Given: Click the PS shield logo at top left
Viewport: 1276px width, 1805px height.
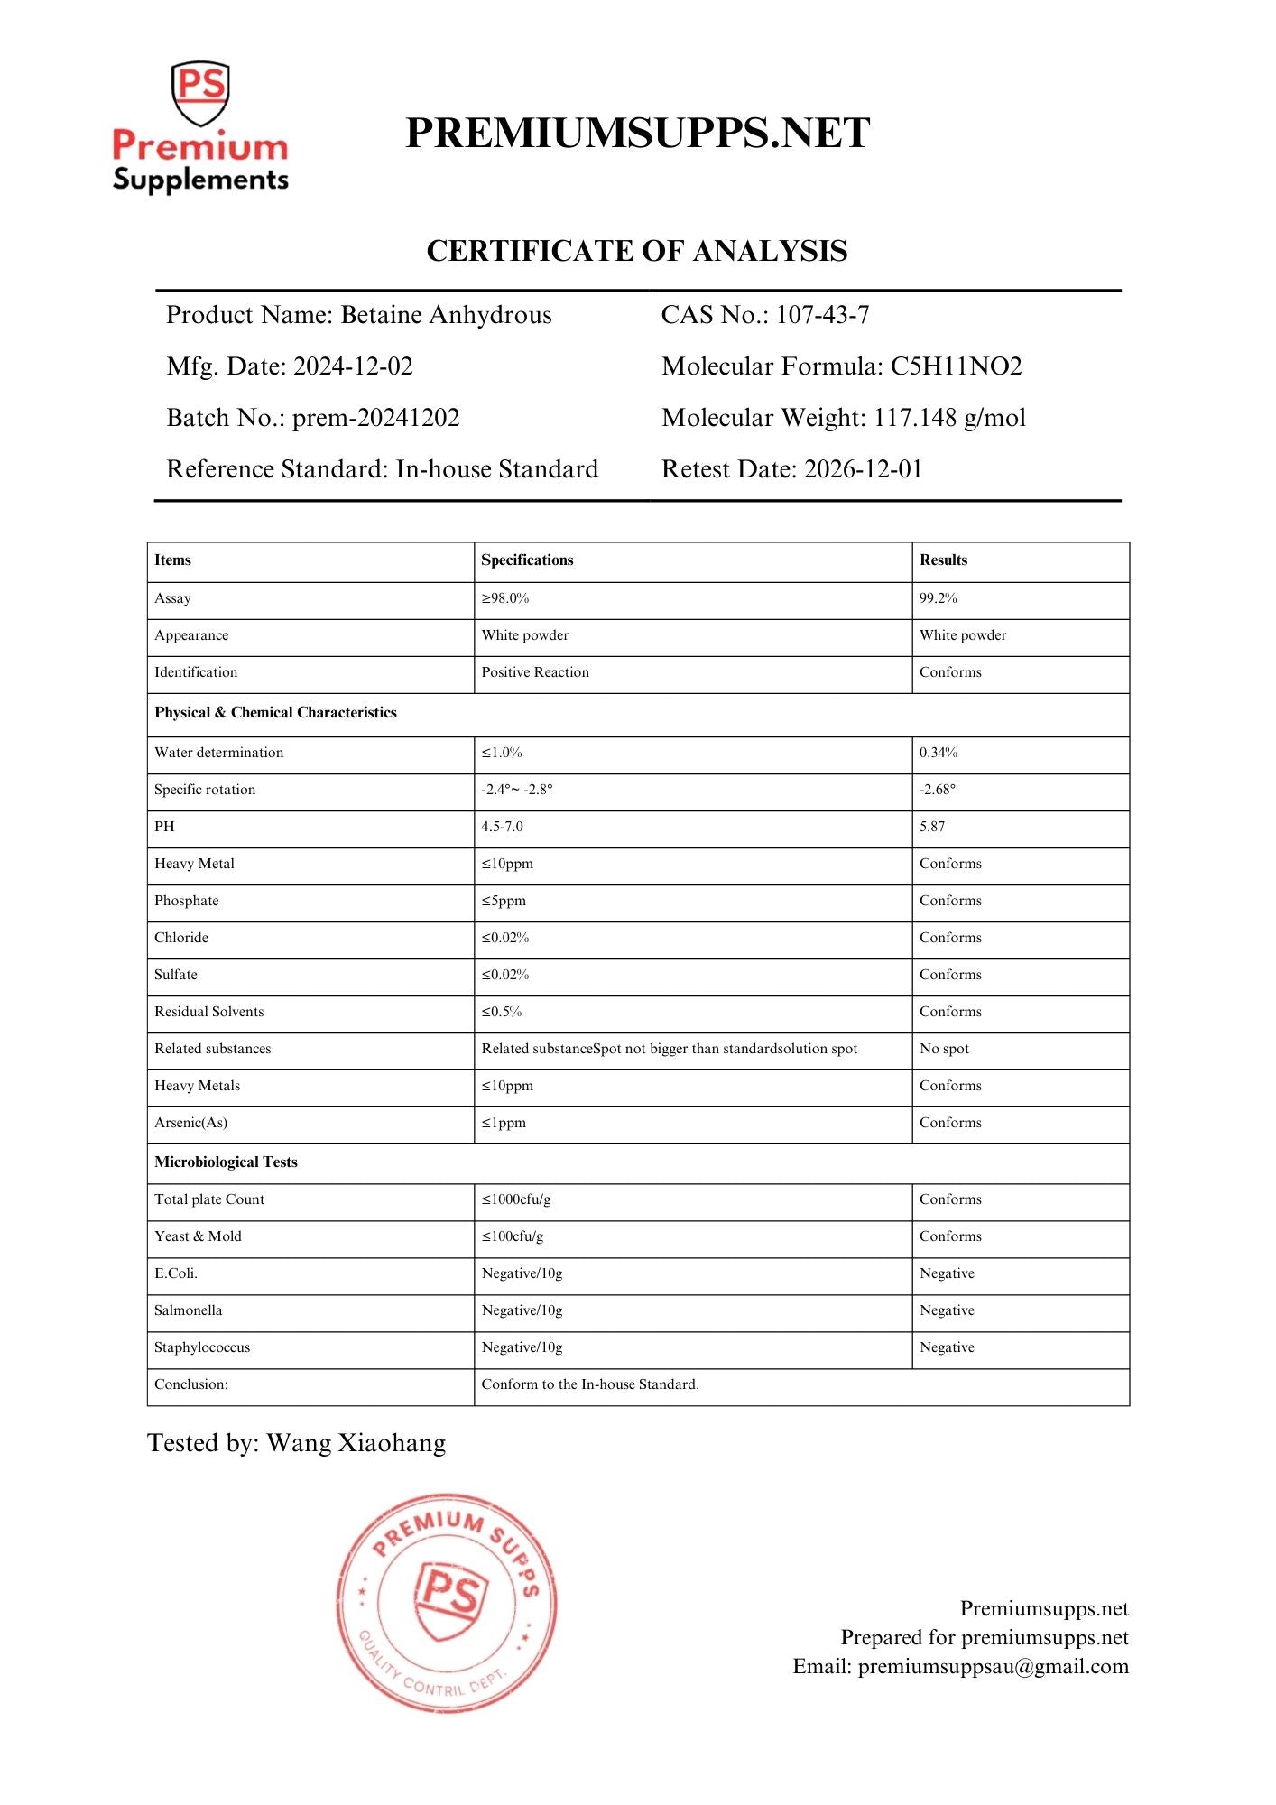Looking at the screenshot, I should point(199,93).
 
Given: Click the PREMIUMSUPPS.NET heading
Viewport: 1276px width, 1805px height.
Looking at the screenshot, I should point(637,134).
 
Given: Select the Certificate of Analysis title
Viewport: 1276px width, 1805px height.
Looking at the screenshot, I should point(637,251).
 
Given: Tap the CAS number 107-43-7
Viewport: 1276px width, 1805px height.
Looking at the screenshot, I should point(822,315).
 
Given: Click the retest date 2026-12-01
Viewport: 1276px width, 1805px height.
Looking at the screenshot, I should point(863,469).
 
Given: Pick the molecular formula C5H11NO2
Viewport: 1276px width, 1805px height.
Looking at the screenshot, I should point(956,366).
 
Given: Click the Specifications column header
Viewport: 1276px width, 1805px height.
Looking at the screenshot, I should point(527,560).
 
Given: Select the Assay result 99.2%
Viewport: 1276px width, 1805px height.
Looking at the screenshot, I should point(938,598).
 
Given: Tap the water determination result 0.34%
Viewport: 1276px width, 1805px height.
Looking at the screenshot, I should point(938,753).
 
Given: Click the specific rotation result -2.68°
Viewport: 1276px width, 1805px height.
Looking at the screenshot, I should point(937,790).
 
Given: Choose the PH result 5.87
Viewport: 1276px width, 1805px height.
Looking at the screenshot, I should point(932,827).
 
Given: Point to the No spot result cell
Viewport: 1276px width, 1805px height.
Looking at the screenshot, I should point(944,1049).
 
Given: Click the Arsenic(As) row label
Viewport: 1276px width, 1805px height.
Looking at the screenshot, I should point(190,1123).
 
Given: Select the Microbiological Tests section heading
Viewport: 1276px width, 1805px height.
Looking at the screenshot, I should point(226,1162).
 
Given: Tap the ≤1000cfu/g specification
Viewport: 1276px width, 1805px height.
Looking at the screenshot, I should point(515,1199).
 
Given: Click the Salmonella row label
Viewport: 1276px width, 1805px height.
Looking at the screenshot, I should point(188,1310).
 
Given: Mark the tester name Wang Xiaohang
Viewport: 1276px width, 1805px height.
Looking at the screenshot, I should point(356,1443).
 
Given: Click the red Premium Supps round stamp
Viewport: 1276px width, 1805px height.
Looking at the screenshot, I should point(447,1603).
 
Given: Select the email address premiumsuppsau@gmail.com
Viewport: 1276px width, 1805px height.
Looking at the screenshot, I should point(993,1667).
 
